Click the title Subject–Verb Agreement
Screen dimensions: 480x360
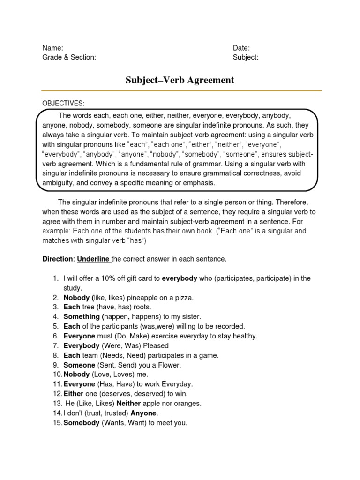(180, 80)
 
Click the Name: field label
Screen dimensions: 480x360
(53, 48)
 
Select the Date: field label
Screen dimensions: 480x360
(241, 48)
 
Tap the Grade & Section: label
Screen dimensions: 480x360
(69, 57)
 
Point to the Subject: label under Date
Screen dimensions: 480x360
(246, 57)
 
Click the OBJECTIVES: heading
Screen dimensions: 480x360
(64, 103)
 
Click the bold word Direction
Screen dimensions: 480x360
(58, 259)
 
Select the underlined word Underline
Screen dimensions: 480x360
(93, 259)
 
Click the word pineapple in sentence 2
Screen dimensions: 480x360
(138, 298)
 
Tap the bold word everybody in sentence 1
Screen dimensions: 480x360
(180, 278)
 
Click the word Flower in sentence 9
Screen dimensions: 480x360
(167, 365)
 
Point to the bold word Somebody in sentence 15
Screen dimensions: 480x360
(82, 423)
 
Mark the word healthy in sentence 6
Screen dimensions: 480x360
(244, 336)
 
